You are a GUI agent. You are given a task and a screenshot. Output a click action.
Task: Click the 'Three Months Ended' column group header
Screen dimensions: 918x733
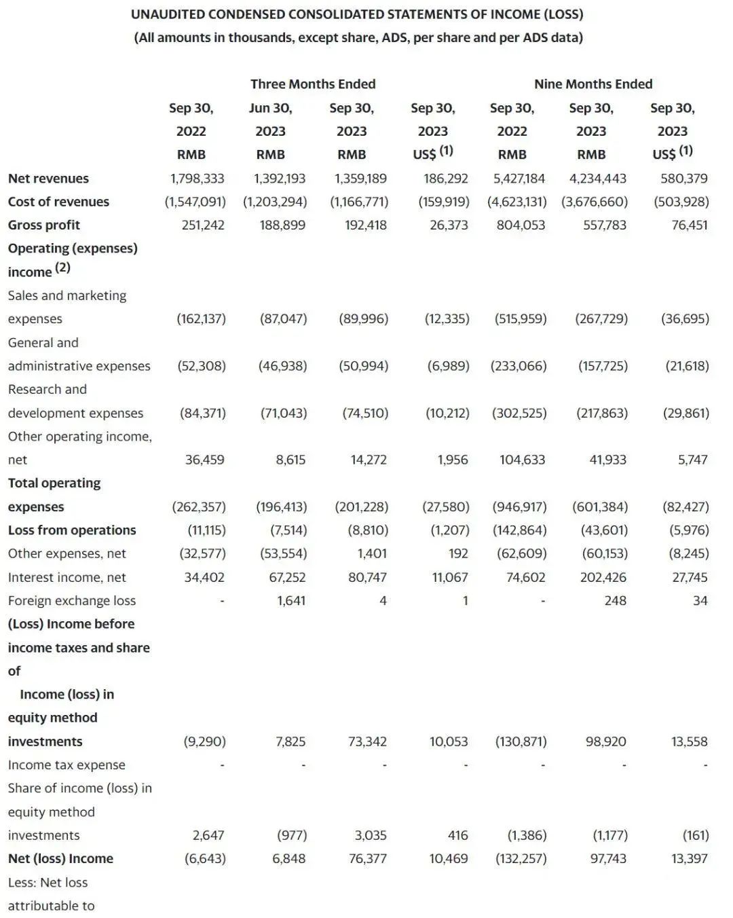pyautogui.click(x=313, y=84)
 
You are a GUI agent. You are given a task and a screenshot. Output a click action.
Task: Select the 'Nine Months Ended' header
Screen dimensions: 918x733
pyautogui.click(x=593, y=84)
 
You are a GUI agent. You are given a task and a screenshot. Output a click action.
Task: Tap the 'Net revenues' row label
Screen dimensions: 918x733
pyautogui.click(x=48, y=179)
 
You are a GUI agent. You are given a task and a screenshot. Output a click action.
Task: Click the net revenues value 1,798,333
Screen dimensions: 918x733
pyautogui.click(x=197, y=179)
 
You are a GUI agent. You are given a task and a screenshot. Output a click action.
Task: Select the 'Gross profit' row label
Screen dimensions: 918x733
pyautogui.click(x=44, y=225)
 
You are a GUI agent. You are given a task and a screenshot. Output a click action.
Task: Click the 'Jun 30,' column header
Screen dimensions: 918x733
pyautogui.click(x=270, y=108)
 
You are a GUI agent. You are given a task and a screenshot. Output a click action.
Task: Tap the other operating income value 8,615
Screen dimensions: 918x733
pyautogui.click(x=290, y=460)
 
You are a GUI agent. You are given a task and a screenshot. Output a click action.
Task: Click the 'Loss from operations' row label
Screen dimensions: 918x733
pyautogui.click(x=72, y=530)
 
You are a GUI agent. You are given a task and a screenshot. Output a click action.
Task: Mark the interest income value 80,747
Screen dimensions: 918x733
pyautogui.click(x=367, y=577)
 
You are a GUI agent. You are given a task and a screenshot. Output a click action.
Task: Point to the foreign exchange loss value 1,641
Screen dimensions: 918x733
pyautogui.click(x=291, y=601)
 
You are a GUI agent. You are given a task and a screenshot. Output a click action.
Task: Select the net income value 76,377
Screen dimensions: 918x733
pyautogui.click(x=367, y=859)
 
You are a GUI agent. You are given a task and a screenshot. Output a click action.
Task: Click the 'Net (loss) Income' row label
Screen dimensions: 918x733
pyautogui.click(x=60, y=859)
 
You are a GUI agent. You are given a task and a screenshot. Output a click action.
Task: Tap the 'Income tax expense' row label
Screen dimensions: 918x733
pyautogui.click(x=67, y=765)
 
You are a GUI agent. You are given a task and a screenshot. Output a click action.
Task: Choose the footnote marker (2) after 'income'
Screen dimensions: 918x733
pyautogui.click(x=62, y=268)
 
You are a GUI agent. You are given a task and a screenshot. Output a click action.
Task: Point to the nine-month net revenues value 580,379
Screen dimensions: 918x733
pyautogui.click(x=683, y=179)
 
